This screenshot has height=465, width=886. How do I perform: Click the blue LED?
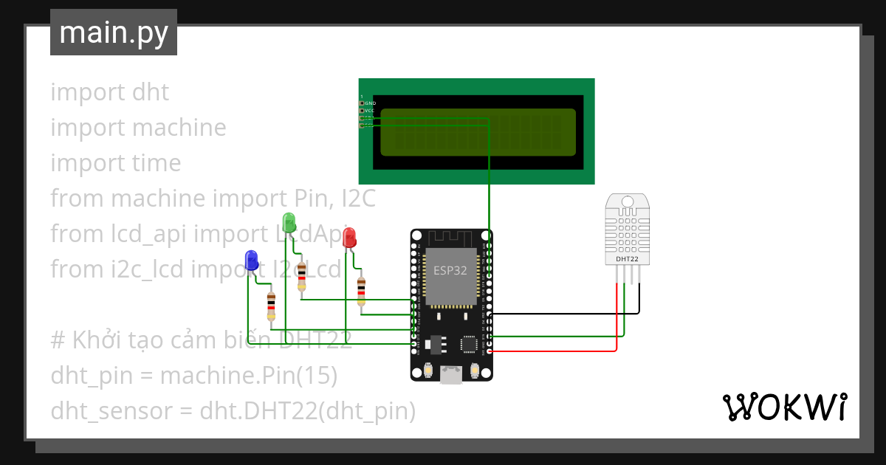pyautogui.click(x=251, y=260)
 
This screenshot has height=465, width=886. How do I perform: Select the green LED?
pyautogui.click(x=289, y=221)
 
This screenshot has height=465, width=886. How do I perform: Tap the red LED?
pyautogui.click(x=349, y=237)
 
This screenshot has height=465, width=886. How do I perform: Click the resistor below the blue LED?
pyautogui.click(x=271, y=305)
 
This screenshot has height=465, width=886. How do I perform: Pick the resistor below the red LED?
pyautogui.click(x=361, y=291)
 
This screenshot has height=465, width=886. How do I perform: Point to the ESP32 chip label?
pyautogui.click(x=450, y=270)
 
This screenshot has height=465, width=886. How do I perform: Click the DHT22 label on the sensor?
pyautogui.click(x=627, y=259)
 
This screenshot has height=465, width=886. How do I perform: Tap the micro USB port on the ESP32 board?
pyautogui.click(x=451, y=375)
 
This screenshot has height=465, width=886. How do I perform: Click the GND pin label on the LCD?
pyautogui.click(x=370, y=103)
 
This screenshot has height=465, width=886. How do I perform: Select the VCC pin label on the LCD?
pyautogui.click(x=370, y=111)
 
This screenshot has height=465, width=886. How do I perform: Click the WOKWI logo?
pyautogui.click(x=784, y=407)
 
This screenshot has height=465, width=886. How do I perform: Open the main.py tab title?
pyautogui.click(x=114, y=32)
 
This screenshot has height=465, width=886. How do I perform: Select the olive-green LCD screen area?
pyautogui.click(x=478, y=132)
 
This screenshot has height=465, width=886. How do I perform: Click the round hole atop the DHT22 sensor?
pyautogui.click(x=627, y=201)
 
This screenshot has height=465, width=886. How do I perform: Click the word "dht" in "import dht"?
pyautogui.click(x=150, y=92)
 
